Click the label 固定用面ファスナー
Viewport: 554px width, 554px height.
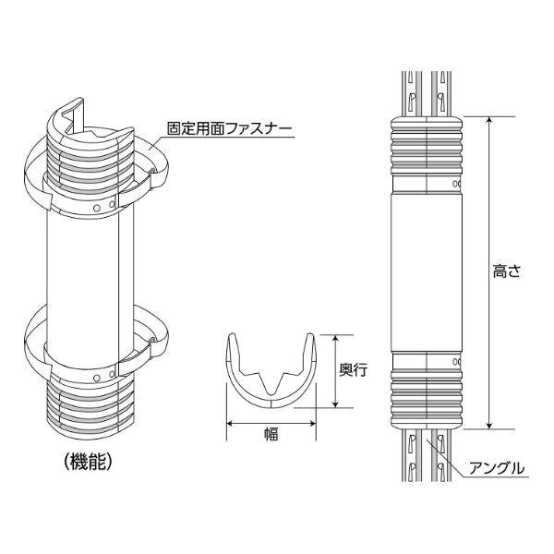(230, 128)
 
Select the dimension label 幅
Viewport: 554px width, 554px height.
(271, 434)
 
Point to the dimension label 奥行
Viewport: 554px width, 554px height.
(354, 369)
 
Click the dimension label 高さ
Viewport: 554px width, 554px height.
(507, 271)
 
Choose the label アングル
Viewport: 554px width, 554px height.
(497, 468)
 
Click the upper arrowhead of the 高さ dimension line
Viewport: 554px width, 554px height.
(489, 121)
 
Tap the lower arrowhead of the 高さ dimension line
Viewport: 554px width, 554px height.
(489, 425)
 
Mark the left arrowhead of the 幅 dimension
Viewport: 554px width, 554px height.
(230, 423)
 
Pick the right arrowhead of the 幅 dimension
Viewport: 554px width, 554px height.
(311, 423)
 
